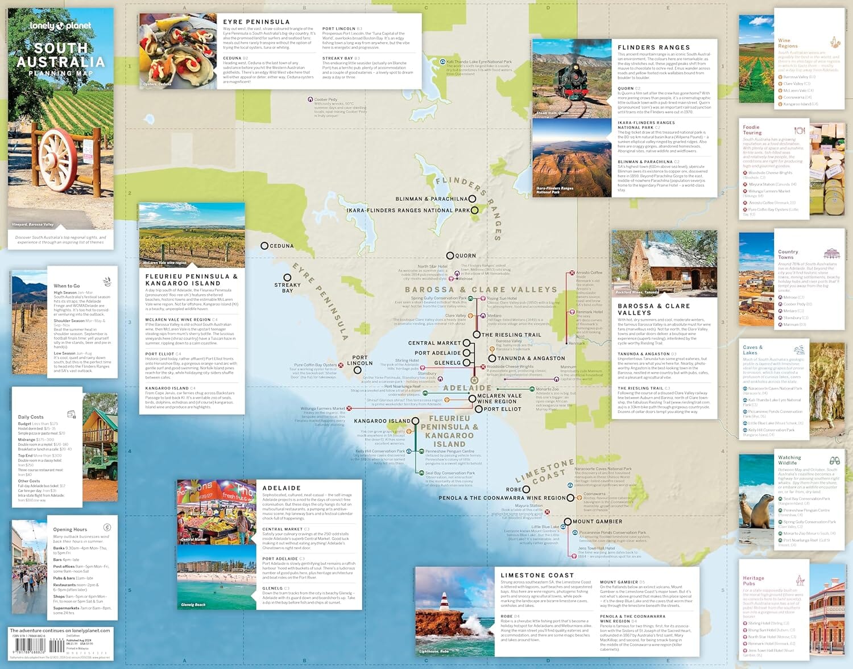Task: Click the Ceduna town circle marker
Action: (x=264, y=246)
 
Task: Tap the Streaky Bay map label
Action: (x=287, y=288)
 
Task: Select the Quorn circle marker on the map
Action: (x=450, y=256)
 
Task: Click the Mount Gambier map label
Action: (x=597, y=522)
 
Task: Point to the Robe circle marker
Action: (x=527, y=489)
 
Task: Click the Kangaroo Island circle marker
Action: (x=415, y=421)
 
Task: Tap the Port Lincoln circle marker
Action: (x=357, y=370)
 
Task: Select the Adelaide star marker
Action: (x=474, y=379)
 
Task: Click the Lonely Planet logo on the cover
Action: (x=60, y=26)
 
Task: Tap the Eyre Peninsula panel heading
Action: (x=256, y=22)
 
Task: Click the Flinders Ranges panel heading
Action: (x=653, y=48)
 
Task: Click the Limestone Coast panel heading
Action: (x=537, y=575)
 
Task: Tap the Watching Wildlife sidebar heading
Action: (x=789, y=460)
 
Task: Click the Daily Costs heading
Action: (x=31, y=417)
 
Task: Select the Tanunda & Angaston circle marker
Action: (x=492, y=358)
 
